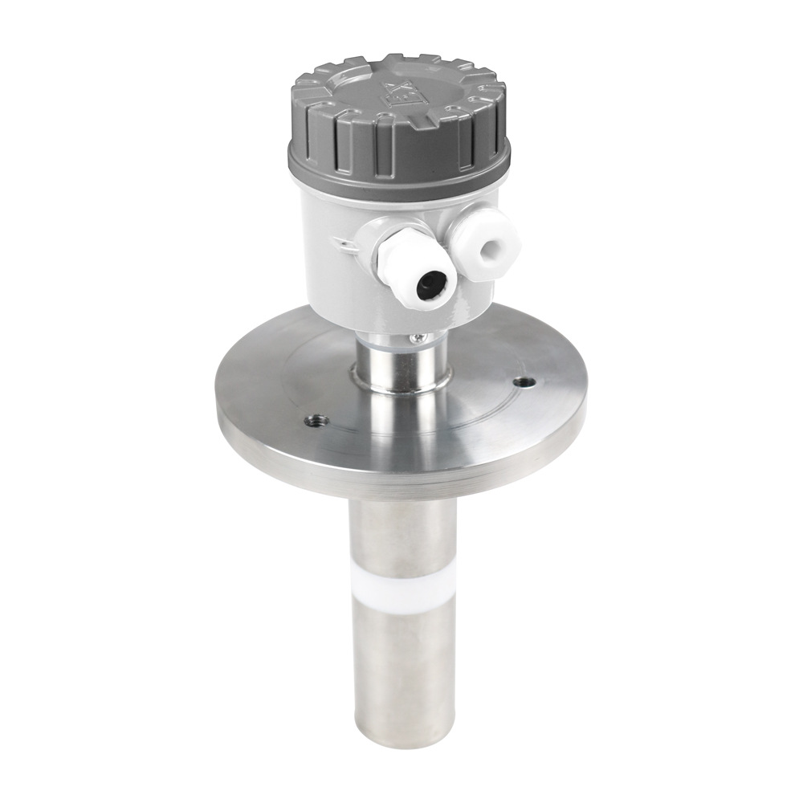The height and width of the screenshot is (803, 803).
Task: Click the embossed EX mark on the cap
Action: (x=399, y=94)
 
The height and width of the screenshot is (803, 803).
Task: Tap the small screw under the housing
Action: (x=417, y=340)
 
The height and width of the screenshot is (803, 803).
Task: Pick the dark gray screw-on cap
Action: (x=399, y=120)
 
